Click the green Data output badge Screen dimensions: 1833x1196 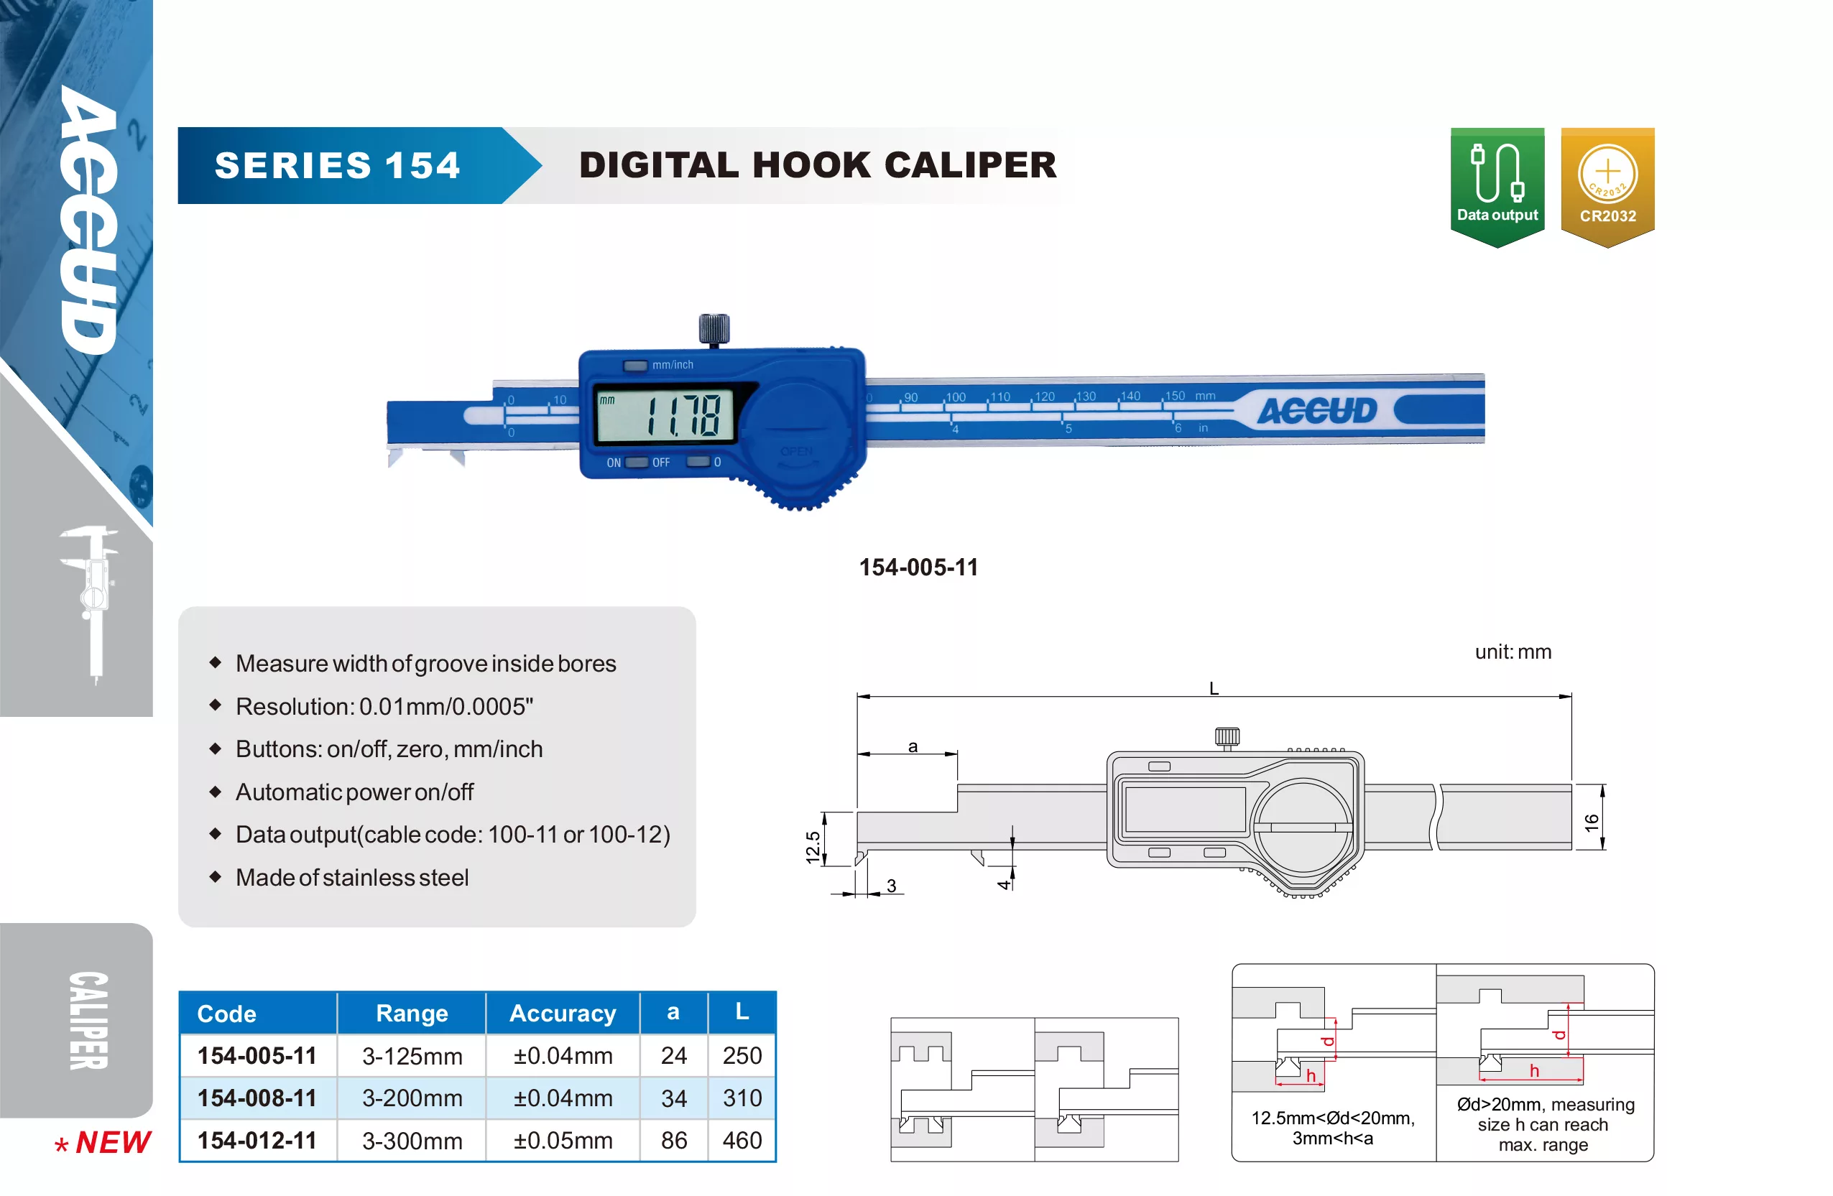pyautogui.click(x=1497, y=187)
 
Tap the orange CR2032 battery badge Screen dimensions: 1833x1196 pyautogui.click(x=1607, y=187)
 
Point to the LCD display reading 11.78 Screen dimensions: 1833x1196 pyautogui.click(x=665, y=414)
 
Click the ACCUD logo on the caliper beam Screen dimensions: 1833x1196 pyautogui.click(x=1317, y=410)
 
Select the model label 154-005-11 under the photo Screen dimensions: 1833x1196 pyautogui.click(x=918, y=567)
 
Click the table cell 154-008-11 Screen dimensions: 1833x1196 pyautogui.click(x=257, y=1098)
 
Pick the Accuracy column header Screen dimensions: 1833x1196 pyautogui.click(x=563, y=1014)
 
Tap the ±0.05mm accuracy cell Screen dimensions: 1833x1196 pyautogui.click(x=563, y=1141)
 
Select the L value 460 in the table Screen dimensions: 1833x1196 pyautogui.click(x=742, y=1141)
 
